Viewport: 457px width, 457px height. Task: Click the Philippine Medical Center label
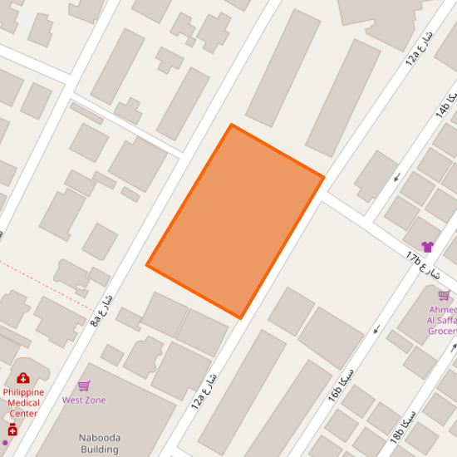click(23, 402)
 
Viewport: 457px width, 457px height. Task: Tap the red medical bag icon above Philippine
click(23, 379)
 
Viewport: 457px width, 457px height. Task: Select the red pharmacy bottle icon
click(12, 430)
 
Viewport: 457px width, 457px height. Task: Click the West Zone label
click(84, 400)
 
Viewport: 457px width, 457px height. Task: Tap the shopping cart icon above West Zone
click(84, 386)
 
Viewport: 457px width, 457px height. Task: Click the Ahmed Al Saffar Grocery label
click(442, 319)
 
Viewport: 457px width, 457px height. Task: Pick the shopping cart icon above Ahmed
click(444, 296)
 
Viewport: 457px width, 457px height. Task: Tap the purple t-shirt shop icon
click(427, 247)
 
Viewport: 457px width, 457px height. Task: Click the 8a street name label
click(102, 308)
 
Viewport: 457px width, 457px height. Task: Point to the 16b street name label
click(343, 381)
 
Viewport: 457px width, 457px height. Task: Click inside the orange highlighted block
click(235, 221)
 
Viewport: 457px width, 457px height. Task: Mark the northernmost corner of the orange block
click(231, 125)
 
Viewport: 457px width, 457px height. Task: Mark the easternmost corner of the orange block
click(323, 177)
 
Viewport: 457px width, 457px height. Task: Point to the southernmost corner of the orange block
click(241, 318)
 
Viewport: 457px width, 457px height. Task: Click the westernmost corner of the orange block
click(147, 265)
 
